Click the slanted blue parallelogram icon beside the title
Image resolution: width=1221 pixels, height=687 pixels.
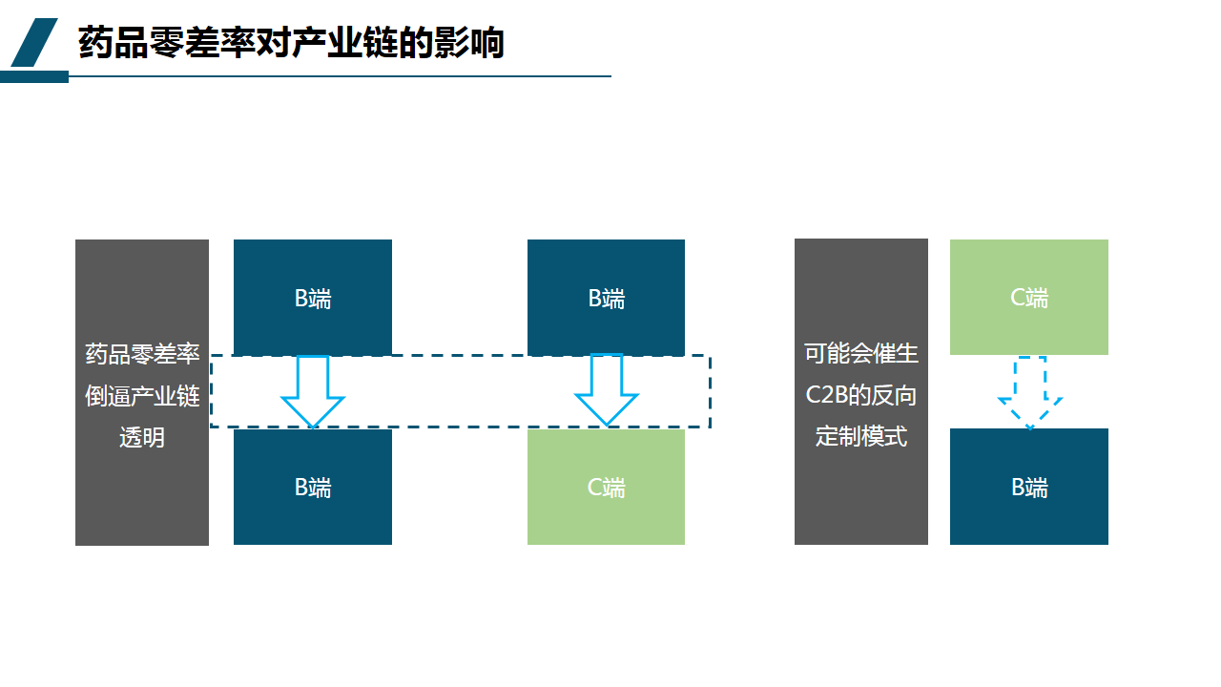34,43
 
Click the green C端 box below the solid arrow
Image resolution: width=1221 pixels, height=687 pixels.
606,487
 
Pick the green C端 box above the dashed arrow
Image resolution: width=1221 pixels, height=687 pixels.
1029,297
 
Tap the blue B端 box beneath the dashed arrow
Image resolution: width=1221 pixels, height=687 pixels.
1029,487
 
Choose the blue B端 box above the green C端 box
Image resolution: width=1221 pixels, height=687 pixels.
606,298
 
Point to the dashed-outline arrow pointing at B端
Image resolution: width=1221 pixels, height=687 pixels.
1030,392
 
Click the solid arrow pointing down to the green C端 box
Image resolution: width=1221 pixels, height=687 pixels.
606,390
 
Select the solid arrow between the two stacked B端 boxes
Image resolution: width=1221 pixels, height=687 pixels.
313,390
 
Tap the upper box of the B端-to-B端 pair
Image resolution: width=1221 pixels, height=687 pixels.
313,298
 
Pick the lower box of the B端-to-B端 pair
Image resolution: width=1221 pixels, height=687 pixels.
313,487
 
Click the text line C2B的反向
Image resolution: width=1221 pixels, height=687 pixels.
860,395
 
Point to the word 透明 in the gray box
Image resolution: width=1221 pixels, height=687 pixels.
142,437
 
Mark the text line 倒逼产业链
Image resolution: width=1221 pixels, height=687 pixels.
142,395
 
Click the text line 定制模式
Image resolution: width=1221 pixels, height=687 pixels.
860,437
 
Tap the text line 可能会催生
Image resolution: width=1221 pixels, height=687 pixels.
860,353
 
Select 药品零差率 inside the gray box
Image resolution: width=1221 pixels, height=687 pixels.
142,353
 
